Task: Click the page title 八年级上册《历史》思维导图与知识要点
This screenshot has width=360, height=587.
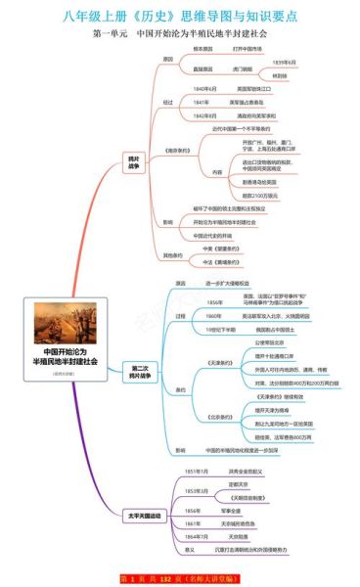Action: tap(180, 14)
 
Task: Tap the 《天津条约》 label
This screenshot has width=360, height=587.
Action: tap(217, 362)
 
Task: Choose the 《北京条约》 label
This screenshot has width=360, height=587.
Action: tap(217, 417)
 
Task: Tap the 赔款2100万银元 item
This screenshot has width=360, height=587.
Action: tap(259, 197)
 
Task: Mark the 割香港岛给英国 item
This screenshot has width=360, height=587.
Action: tap(258, 182)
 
